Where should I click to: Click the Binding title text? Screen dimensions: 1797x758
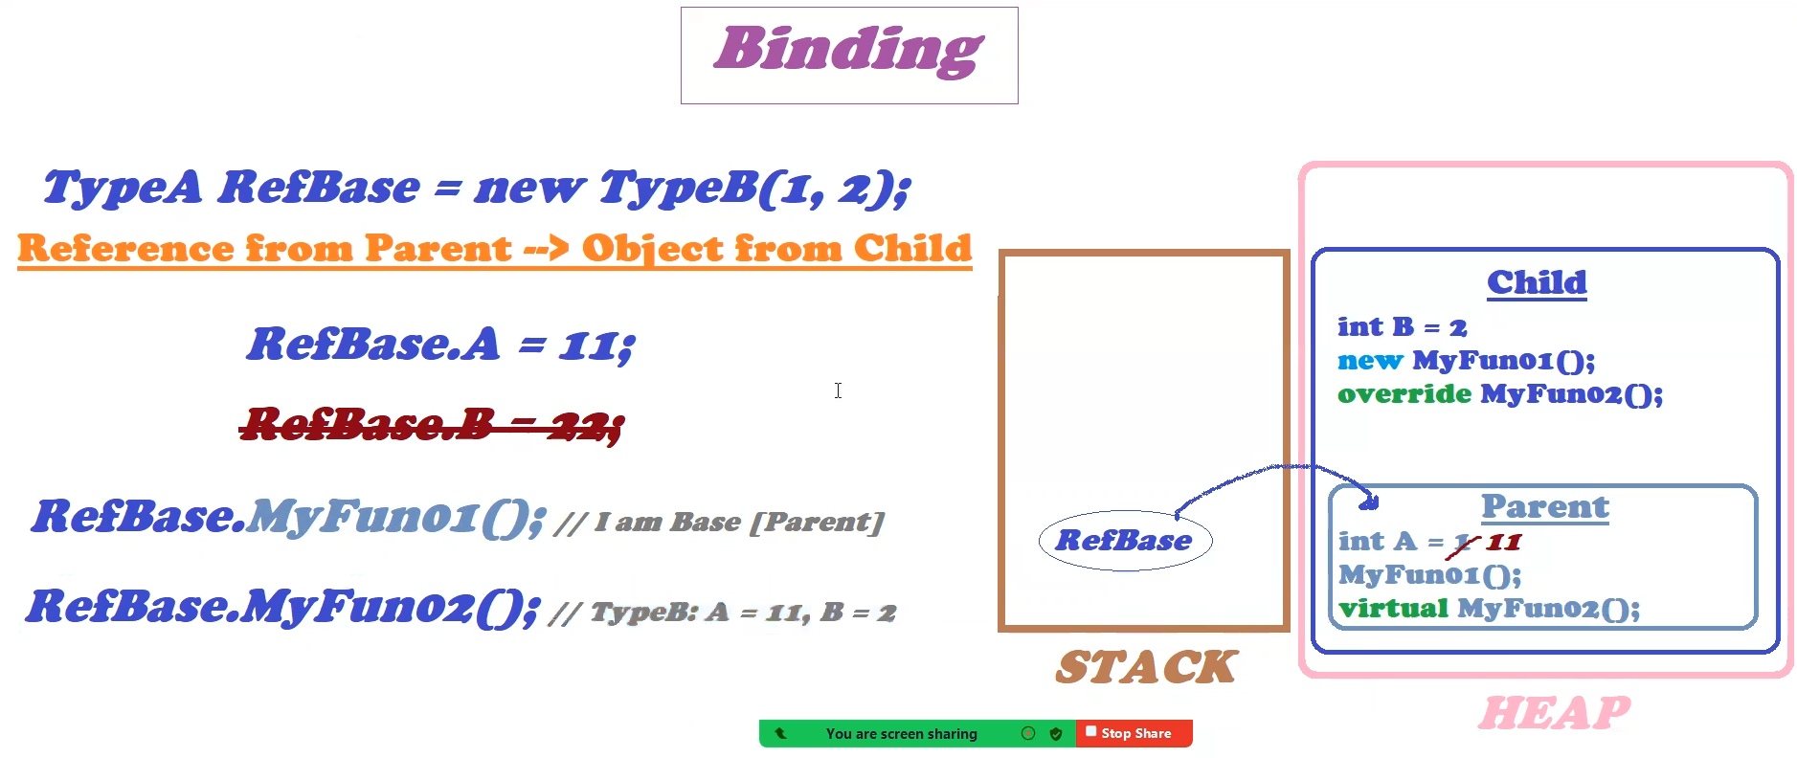pyautogui.click(x=848, y=50)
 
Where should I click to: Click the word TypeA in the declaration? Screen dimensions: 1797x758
pyautogui.click(x=123, y=187)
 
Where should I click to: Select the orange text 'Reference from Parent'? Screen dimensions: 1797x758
pyautogui.click(x=264, y=248)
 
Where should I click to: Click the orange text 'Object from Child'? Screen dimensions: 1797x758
pyautogui.click(x=776, y=248)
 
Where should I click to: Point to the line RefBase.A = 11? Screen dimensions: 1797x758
pyautogui.click(x=441, y=344)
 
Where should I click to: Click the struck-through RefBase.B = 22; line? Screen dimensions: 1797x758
pyautogui.click(x=432, y=424)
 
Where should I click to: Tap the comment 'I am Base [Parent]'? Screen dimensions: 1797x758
pyautogui.click(x=738, y=522)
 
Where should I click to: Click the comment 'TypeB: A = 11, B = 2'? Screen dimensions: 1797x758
pyautogui.click(x=743, y=612)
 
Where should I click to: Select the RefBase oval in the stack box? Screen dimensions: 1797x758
pyautogui.click(x=1125, y=541)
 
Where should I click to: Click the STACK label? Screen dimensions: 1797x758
pyautogui.click(x=1146, y=667)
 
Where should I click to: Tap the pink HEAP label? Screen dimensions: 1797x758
pyautogui.click(x=1554, y=713)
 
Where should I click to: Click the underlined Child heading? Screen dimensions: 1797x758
pyautogui.click(x=1537, y=282)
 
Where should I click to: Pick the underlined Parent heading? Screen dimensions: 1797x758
pyautogui.click(x=1545, y=506)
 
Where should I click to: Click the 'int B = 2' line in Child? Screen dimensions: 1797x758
pyautogui.click(x=1403, y=327)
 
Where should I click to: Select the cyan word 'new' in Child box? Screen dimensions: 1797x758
pyautogui.click(x=1370, y=361)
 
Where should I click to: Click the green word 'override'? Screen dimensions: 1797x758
pyautogui.click(x=1404, y=393)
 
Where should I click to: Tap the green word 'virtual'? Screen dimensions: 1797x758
pyautogui.click(x=1393, y=608)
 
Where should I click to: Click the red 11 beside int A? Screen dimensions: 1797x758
pyautogui.click(x=1504, y=543)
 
